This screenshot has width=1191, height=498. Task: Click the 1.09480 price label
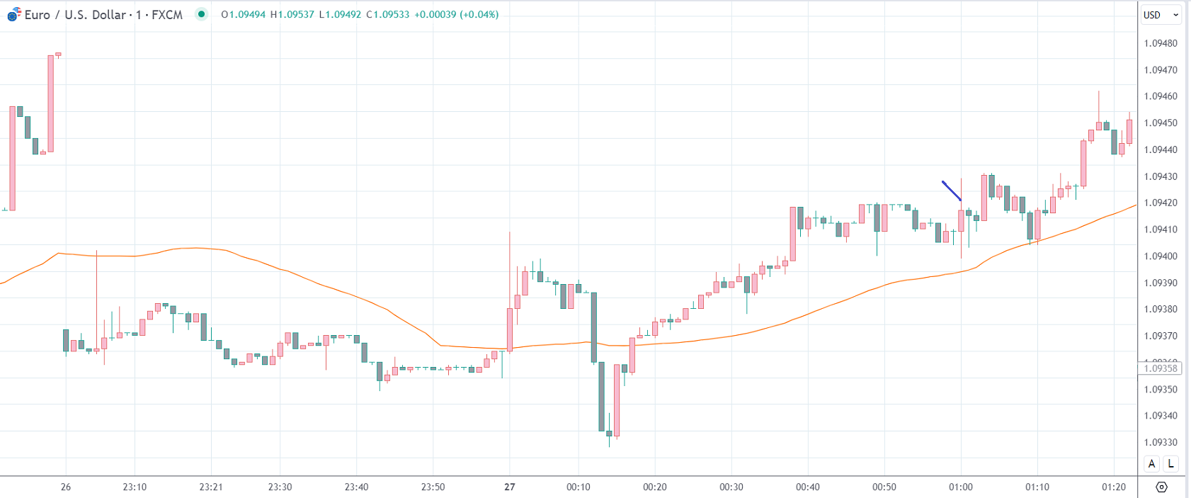click(x=1160, y=43)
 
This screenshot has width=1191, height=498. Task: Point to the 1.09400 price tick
click(x=1160, y=256)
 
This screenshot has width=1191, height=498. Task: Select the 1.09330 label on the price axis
click(x=1160, y=443)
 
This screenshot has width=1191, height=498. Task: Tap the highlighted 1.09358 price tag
click(x=1160, y=368)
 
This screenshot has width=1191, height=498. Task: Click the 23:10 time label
click(x=135, y=487)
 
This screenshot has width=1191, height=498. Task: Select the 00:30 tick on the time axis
click(x=731, y=487)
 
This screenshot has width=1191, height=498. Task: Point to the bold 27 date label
click(x=510, y=487)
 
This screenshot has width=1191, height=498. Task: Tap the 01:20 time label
click(x=1114, y=487)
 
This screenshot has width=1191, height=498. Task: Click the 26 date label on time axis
click(x=66, y=487)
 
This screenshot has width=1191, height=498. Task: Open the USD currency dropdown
click(x=1161, y=15)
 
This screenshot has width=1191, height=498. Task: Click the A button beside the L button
click(x=1152, y=464)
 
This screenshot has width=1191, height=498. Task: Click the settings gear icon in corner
click(x=1161, y=487)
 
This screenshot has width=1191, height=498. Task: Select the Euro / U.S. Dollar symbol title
click(x=103, y=15)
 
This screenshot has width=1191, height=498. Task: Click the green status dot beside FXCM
click(x=202, y=14)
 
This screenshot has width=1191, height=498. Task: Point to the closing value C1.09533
click(x=387, y=15)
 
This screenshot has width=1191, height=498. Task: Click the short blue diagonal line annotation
click(x=952, y=191)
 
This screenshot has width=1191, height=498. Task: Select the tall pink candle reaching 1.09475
click(x=51, y=103)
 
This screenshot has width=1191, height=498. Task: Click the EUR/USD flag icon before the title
click(x=13, y=14)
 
